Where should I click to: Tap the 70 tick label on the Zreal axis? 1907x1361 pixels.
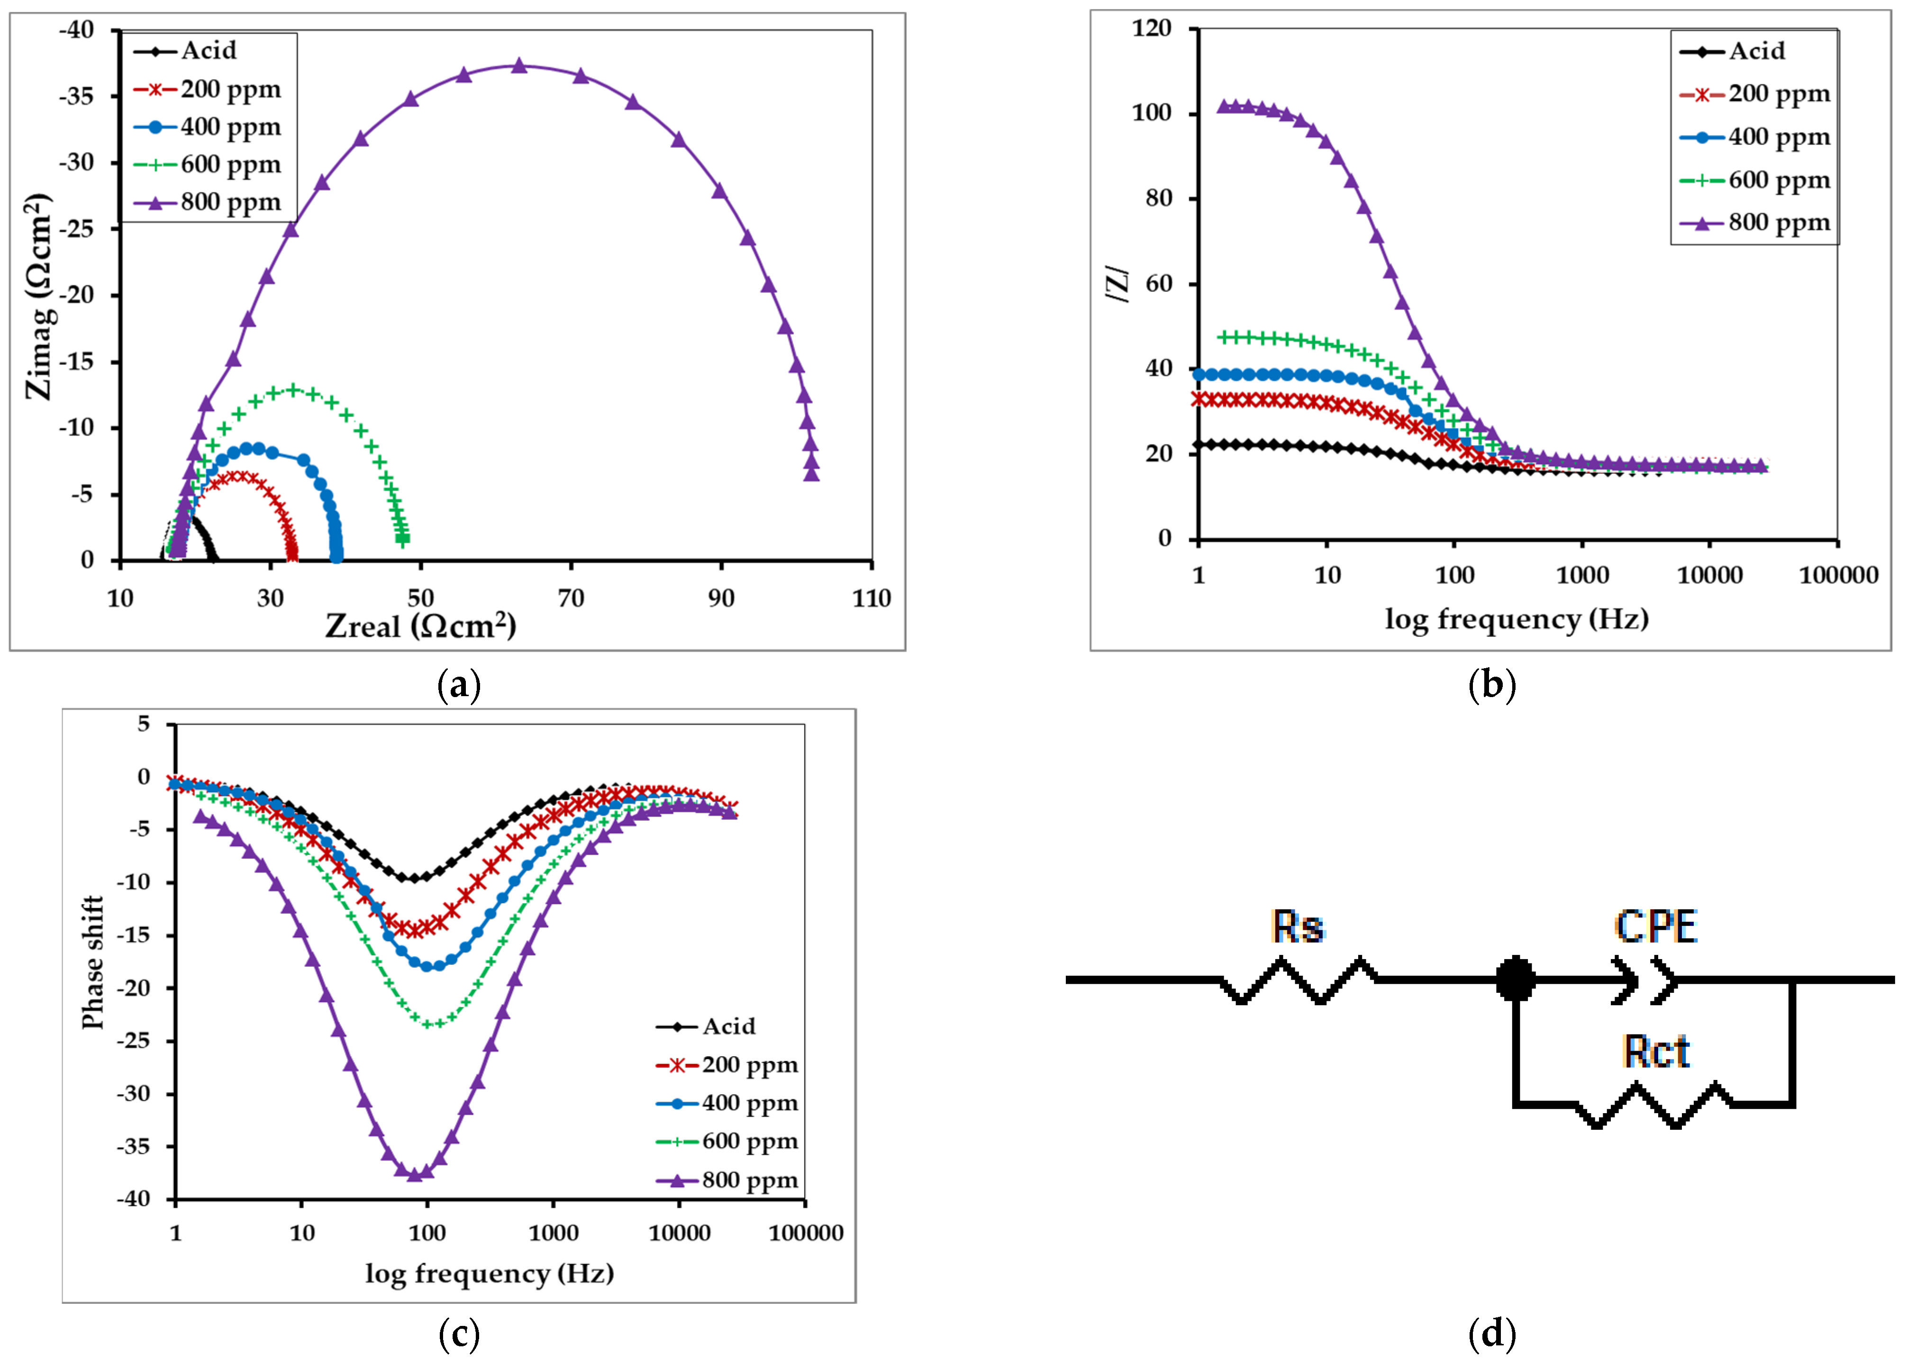[x=571, y=598]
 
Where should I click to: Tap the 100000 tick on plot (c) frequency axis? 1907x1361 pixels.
[x=805, y=1233]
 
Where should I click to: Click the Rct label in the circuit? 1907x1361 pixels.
[x=1656, y=1052]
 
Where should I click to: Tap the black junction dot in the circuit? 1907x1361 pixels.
[x=1515, y=979]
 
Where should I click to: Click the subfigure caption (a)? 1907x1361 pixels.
[x=459, y=686]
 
